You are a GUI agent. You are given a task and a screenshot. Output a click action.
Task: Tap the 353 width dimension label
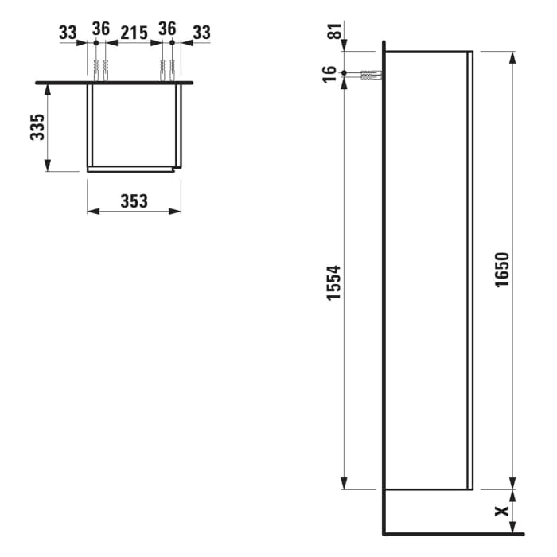coord(134,201)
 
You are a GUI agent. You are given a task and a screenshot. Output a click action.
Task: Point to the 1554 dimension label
coord(334,282)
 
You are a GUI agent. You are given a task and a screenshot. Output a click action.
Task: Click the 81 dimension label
coord(334,33)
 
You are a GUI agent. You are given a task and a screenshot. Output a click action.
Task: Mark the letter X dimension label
coord(501,512)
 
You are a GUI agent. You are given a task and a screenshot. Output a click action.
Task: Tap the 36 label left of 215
coord(100,29)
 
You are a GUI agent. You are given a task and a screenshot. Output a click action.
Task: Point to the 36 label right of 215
coord(167,29)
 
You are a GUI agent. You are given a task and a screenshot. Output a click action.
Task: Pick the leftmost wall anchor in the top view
coord(95,71)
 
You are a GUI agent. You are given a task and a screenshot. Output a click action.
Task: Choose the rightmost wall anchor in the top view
coord(172,71)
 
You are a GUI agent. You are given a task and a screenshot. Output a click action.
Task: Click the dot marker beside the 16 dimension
coord(344,73)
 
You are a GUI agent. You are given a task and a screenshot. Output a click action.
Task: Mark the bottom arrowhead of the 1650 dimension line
coord(512,485)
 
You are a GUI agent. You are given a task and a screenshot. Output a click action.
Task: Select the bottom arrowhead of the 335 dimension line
coord(48,166)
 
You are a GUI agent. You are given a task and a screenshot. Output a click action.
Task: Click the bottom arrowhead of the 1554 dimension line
coord(344,484)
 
